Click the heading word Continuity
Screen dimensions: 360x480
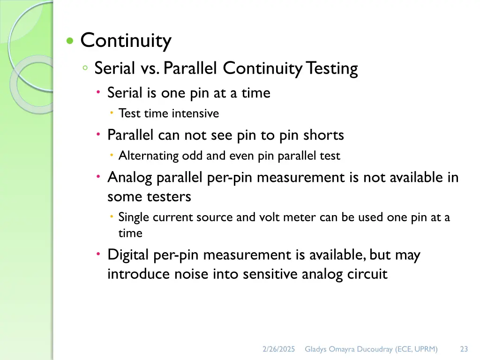(x=126, y=41)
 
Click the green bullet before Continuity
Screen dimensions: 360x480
(x=70, y=41)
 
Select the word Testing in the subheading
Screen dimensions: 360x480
(x=332, y=68)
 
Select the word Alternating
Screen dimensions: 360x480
(x=148, y=156)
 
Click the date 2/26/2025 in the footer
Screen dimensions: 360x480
(x=279, y=349)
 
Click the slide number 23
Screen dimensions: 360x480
(x=464, y=349)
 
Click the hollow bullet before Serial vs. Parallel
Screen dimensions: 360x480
(x=85, y=68)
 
